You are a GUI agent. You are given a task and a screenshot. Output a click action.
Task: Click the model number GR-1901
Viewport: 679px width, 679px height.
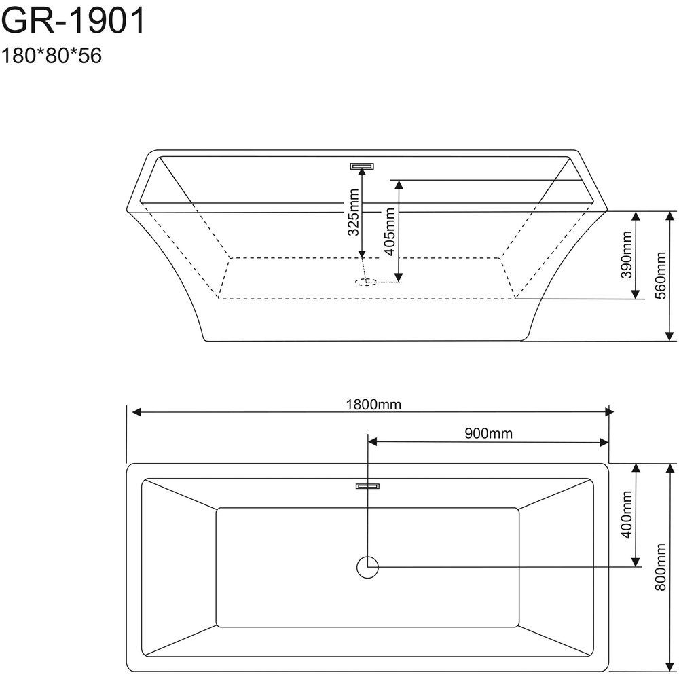point(73,21)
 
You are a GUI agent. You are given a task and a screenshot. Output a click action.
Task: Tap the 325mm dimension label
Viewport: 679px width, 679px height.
point(354,212)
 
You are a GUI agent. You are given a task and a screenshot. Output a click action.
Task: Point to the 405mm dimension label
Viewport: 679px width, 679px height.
point(390,232)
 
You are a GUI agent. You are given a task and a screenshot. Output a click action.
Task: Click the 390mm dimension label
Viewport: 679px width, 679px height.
point(626,255)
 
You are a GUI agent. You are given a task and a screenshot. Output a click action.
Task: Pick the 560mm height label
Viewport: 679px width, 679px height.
point(661,276)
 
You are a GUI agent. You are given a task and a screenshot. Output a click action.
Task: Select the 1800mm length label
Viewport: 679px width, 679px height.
point(373,405)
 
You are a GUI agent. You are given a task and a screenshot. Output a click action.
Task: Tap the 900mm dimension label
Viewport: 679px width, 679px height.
point(488,433)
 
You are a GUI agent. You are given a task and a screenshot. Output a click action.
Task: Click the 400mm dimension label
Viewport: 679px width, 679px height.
point(626,515)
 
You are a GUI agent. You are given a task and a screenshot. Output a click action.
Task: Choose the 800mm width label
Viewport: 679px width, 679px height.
point(661,567)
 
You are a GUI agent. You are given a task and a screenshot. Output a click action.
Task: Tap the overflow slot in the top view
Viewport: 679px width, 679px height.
point(367,486)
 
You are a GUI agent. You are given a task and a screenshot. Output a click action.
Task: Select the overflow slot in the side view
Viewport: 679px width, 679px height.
point(362,166)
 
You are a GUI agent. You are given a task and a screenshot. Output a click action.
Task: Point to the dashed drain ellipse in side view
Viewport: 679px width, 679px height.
point(365,282)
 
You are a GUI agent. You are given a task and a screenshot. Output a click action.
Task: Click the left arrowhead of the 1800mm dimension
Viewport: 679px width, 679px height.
point(136,412)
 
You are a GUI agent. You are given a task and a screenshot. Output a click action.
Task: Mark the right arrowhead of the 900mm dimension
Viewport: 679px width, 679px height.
point(604,442)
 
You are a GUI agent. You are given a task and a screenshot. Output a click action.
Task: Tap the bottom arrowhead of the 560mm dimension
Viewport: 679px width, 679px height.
point(669,336)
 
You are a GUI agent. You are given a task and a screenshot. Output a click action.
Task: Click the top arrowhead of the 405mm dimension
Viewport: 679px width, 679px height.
point(399,185)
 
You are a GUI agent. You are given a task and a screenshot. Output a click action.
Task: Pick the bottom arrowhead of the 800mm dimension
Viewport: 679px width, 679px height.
point(669,666)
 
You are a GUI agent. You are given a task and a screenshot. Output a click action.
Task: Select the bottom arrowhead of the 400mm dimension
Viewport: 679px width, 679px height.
point(636,562)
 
